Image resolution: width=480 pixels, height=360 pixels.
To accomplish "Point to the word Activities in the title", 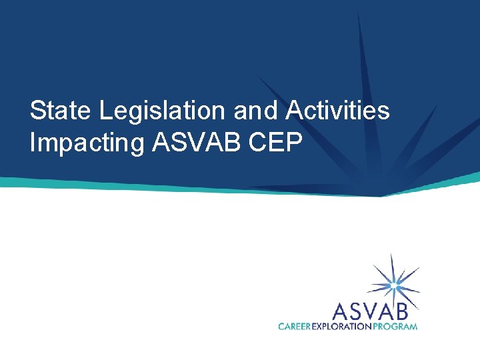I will pos(338,111).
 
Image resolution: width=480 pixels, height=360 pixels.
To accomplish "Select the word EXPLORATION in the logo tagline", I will pos(341,326).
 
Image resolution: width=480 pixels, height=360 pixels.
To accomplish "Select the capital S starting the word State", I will pos(37,111).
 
